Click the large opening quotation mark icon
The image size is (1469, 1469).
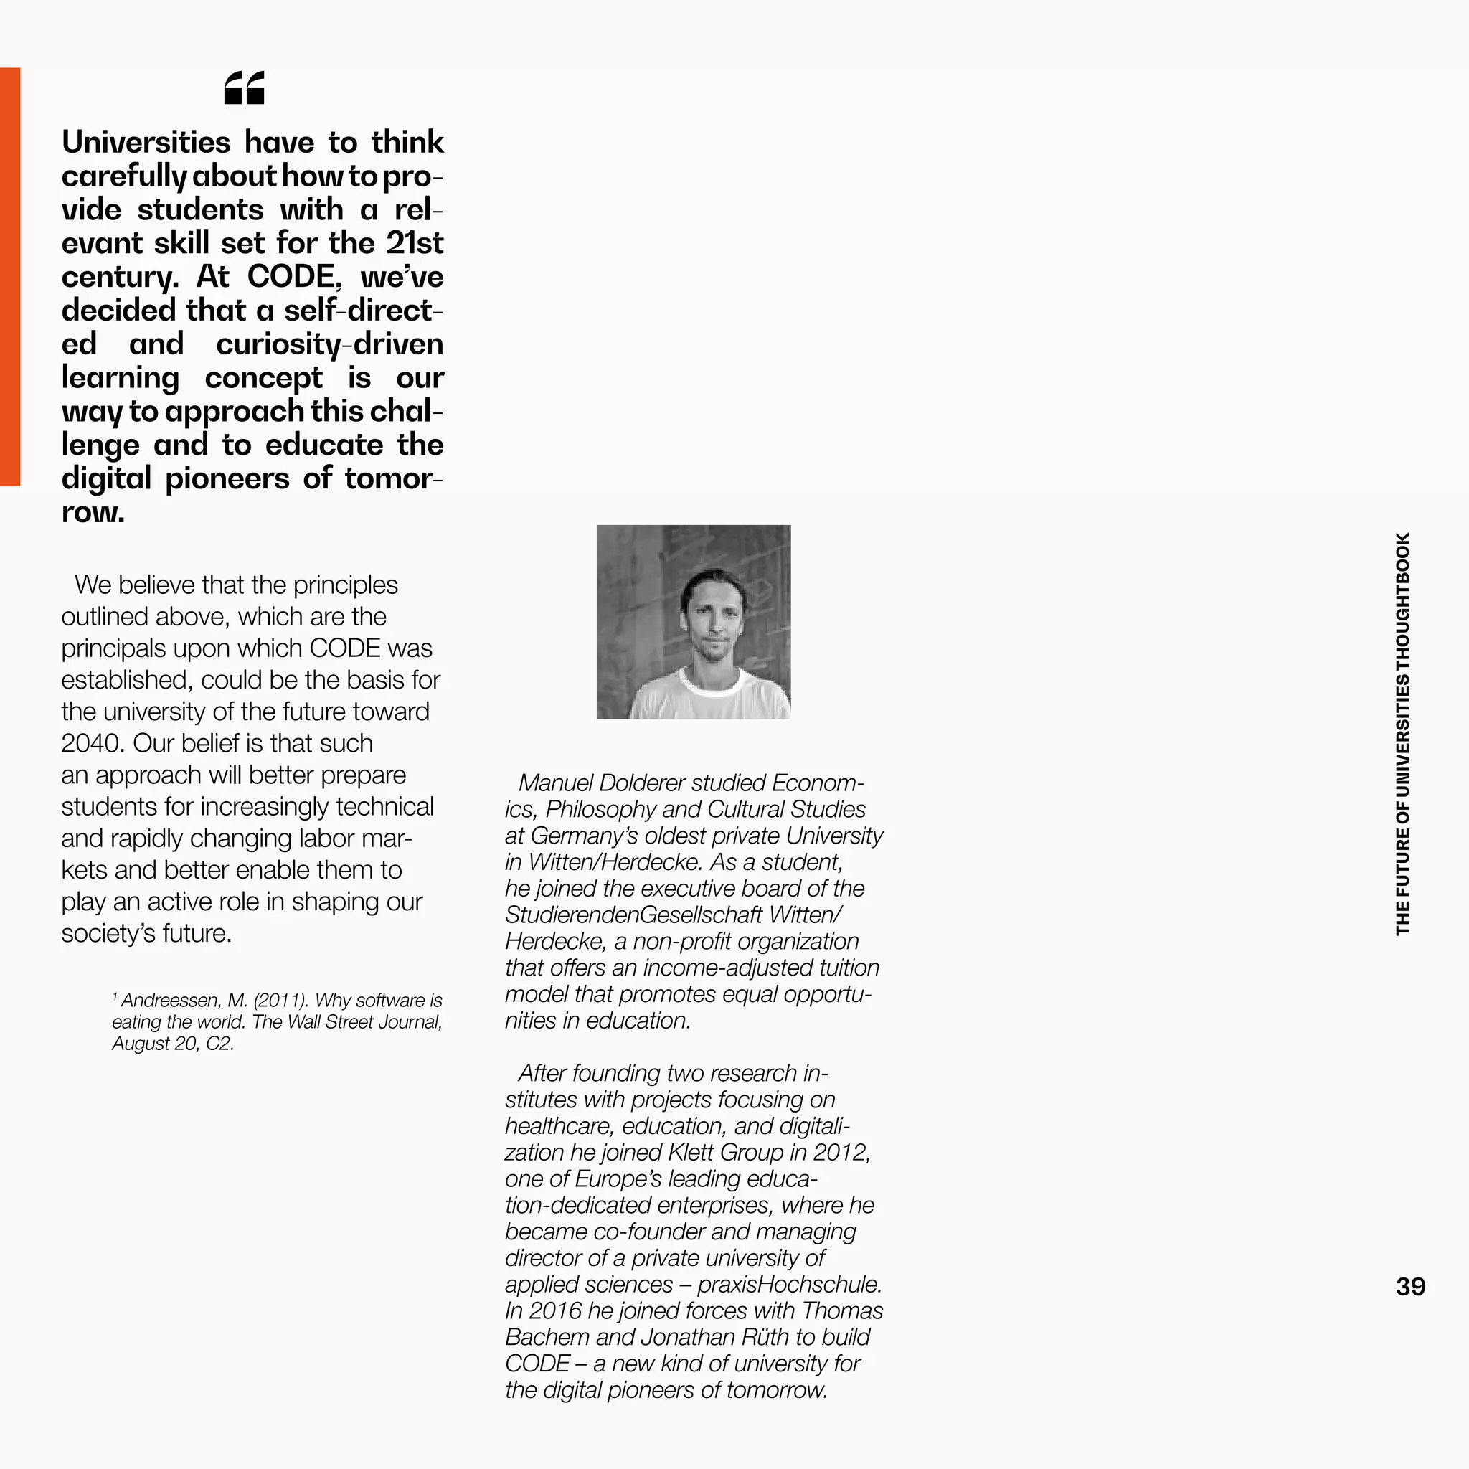pyautogui.click(x=244, y=88)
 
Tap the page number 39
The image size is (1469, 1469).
pyautogui.click(x=1409, y=1287)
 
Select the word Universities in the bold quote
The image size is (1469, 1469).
pyautogui.click(x=145, y=142)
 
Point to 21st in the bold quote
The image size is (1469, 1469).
pyautogui.click(x=415, y=243)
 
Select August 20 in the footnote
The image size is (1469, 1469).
pyautogui.click(x=154, y=1044)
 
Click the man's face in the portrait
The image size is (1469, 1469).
pyautogui.click(x=712, y=625)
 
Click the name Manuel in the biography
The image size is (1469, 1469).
pyautogui.click(x=556, y=783)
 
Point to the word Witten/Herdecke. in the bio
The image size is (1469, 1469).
pyautogui.click(x=615, y=862)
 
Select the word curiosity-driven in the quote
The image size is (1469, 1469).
pyautogui.click(x=329, y=344)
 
